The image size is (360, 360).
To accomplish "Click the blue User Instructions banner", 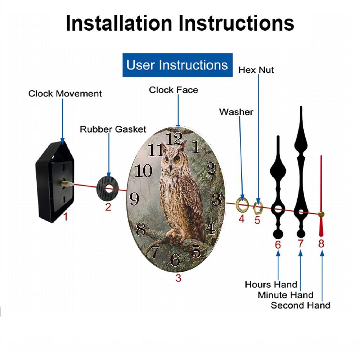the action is (177, 65).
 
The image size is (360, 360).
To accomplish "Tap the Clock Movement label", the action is (65, 94).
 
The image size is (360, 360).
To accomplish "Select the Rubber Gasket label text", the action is (113, 129).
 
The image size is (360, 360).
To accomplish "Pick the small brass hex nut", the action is (255, 208).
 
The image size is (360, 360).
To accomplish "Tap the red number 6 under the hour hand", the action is (278, 245).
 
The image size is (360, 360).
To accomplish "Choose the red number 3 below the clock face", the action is (179, 278).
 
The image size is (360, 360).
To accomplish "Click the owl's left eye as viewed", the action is (166, 159).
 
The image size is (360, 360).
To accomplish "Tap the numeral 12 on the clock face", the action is (175, 139).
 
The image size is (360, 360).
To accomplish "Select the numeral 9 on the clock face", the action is (134, 199).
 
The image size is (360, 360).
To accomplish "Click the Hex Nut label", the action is (256, 70).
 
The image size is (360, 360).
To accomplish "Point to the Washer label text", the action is (236, 112).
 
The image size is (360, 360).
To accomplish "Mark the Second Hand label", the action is (301, 305).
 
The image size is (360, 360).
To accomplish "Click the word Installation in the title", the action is (119, 23).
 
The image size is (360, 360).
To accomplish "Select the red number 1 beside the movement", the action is (66, 216).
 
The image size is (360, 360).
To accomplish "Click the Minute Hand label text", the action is (285, 295).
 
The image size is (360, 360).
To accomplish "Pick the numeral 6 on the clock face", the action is (175, 260).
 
